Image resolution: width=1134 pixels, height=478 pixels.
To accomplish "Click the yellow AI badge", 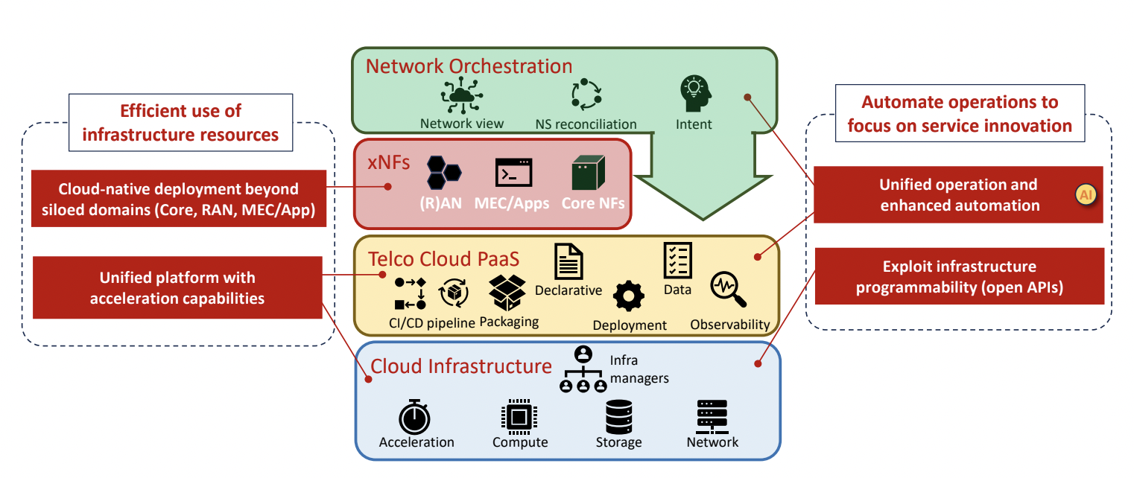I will [1085, 195].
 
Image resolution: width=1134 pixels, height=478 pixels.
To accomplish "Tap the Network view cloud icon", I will [462, 95].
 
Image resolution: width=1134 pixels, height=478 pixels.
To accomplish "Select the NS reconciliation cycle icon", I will [586, 95].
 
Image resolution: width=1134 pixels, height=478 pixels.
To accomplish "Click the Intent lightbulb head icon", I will [694, 94].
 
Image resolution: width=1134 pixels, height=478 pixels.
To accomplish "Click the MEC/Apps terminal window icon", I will [513, 173].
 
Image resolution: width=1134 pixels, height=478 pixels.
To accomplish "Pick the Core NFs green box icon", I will [588, 173].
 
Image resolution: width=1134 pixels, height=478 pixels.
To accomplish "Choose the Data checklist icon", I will [677, 261].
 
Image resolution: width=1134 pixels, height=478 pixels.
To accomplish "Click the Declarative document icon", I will [568, 261].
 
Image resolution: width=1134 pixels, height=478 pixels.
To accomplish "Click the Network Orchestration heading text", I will [469, 66].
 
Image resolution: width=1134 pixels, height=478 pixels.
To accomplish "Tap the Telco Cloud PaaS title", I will [443, 258].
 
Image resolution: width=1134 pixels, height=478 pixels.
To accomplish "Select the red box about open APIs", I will [959, 277].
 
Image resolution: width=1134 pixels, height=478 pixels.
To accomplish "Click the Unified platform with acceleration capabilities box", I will [177, 288].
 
